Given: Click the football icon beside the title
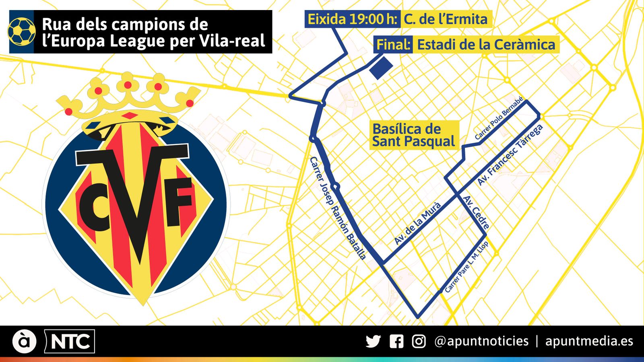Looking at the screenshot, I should pyautogui.click(x=21, y=32).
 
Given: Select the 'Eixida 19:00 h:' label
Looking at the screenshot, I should pyautogui.click(x=353, y=19).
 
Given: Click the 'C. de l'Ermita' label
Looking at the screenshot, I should pyautogui.click(x=446, y=19).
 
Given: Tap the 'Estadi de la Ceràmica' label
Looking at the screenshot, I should pyautogui.click(x=486, y=45).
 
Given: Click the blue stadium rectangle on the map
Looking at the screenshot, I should pyautogui.click(x=381, y=68).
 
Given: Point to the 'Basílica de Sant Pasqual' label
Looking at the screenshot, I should pyautogui.click(x=413, y=135).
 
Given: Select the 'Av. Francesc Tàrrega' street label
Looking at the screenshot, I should pyautogui.click(x=510, y=155).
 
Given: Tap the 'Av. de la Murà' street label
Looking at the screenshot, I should pyautogui.click(x=417, y=223).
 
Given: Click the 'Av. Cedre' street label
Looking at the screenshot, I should pyautogui.click(x=477, y=212).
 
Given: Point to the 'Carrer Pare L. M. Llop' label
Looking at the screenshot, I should pyautogui.click(x=466, y=267).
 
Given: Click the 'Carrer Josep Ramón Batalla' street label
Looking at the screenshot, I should pyautogui.click(x=338, y=208).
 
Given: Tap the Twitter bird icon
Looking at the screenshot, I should pyautogui.click(x=373, y=341).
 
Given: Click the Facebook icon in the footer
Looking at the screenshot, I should pyautogui.click(x=396, y=341).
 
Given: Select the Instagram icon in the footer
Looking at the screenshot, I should pyautogui.click(x=419, y=341).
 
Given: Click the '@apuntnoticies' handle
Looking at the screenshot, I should pyautogui.click(x=481, y=341).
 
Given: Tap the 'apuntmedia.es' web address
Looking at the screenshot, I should pyautogui.click(x=589, y=341).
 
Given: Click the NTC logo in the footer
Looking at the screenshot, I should pyautogui.click(x=70, y=342).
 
